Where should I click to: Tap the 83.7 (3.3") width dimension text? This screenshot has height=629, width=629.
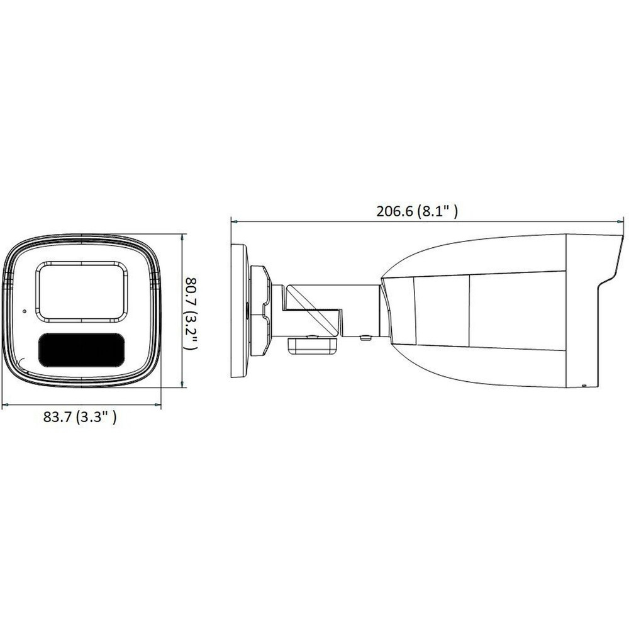click(x=80, y=417)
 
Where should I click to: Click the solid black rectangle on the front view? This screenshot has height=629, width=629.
click(x=81, y=350)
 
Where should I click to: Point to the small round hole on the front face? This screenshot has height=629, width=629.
click(x=25, y=311)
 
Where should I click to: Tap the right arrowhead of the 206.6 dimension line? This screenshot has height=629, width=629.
click(x=620, y=221)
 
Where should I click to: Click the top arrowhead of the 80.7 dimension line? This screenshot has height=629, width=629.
click(x=183, y=238)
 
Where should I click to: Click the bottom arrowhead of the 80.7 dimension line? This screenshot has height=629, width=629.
click(x=183, y=384)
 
